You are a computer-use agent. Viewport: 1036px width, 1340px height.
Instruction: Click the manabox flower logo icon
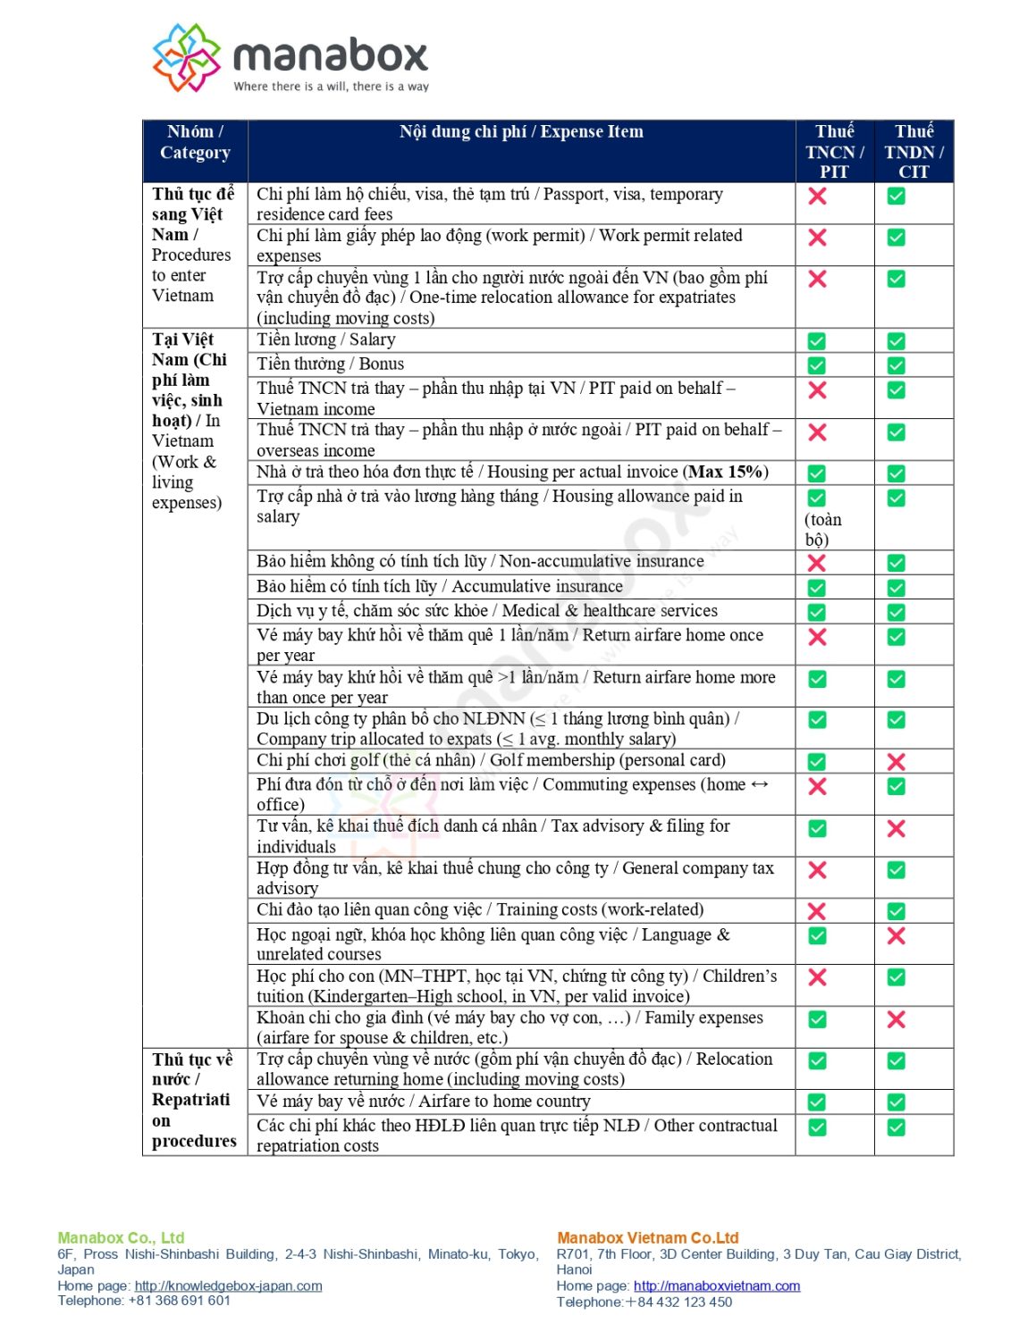coord(186,58)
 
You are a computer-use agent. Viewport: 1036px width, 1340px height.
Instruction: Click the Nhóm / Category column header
coord(195,142)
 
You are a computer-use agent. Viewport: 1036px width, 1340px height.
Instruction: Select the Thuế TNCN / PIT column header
coord(834,151)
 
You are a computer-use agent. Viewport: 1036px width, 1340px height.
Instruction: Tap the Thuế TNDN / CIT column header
coord(914,151)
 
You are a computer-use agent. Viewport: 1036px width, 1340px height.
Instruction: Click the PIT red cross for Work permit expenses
coord(817,238)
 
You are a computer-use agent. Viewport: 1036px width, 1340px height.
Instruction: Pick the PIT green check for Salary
coord(817,341)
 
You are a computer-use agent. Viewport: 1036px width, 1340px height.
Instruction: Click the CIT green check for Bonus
coord(896,365)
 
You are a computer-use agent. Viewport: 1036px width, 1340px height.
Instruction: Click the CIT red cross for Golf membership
coord(896,762)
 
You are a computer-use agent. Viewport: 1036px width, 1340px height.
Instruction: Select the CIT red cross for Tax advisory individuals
coord(896,829)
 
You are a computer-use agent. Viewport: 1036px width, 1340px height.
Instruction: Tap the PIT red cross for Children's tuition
coord(817,977)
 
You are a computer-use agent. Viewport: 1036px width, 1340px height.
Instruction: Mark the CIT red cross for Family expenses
coord(896,1019)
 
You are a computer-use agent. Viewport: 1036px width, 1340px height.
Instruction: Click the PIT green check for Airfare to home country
coord(817,1102)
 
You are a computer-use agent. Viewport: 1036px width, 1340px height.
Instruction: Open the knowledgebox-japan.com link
coord(228,1286)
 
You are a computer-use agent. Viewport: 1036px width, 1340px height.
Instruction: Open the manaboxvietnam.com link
coord(717,1286)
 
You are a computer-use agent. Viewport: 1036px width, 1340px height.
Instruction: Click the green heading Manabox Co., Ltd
coord(121,1237)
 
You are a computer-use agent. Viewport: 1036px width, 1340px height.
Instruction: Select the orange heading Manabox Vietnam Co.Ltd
coord(647,1237)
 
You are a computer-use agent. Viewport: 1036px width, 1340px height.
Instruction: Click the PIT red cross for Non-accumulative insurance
coord(817,563)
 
